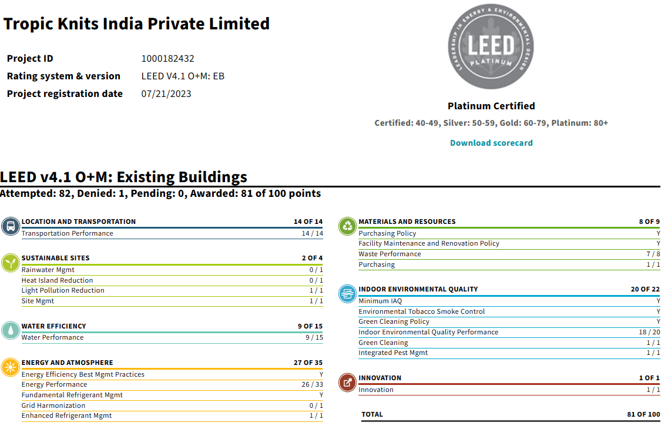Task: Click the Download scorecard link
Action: [x=491, y=143]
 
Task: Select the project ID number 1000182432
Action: [x=167, y=59]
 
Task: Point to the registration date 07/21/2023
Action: [x=166, y=94]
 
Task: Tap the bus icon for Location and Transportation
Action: [x=11, y=226]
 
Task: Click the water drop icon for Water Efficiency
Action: [x=11, y=330]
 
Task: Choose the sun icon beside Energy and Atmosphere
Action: [x=11, y=367]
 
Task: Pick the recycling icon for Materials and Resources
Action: [x=348, y=226]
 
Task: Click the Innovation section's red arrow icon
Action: [x=348, y=383]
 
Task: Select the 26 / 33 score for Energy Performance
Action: [x=312, y=385]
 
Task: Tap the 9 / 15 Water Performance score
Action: [x=314, y=338]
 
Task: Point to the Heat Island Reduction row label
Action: [x=57, y=280]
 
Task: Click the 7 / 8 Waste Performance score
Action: [x=653, y=254]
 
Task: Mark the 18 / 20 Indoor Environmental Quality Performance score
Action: [x=650, y=332]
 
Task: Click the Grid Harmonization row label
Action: [x=53, y=405]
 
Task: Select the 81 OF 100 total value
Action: [x=643, y=414]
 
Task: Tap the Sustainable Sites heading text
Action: [x=55, y=258]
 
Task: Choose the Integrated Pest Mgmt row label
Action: [x=393, y=353]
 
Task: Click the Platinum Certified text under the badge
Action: [x=491, y=106]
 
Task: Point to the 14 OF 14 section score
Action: [x=308, y=222]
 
